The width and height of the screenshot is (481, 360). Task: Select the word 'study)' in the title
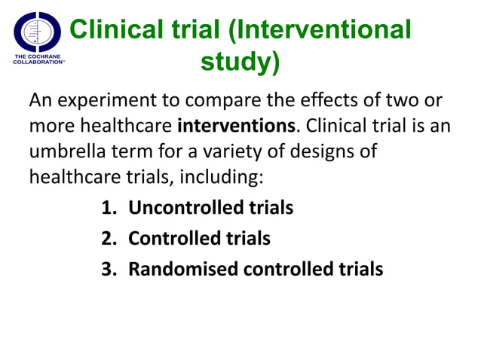[240, 63]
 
